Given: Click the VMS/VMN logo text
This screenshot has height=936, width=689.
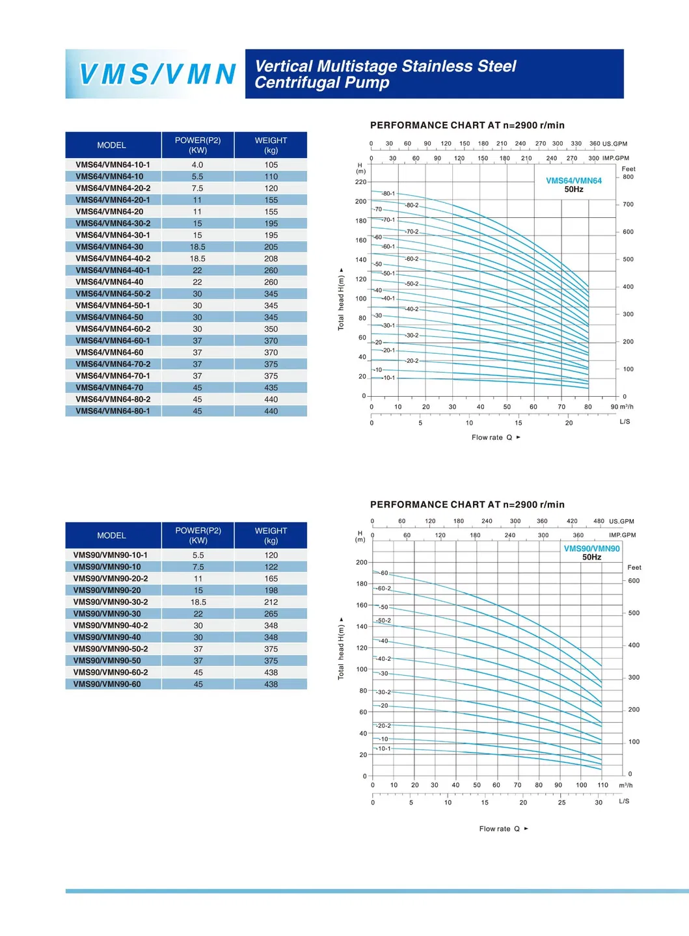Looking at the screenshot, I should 157,74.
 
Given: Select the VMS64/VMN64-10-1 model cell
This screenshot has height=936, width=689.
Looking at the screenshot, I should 113,165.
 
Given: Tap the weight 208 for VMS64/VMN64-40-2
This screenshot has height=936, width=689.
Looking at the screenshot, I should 271,259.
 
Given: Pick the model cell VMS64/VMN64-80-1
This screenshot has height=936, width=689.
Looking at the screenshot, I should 113,411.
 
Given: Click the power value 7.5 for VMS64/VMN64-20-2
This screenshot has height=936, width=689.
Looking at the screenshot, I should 197,188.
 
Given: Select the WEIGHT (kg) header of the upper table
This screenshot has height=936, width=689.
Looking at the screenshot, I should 271,145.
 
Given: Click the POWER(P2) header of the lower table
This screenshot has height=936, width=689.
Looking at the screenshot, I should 198,535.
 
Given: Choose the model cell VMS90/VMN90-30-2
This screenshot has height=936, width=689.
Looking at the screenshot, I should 111,602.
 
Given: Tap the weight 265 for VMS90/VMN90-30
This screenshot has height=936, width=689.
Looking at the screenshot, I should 271,614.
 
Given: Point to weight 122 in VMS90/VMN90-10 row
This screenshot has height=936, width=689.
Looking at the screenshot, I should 271,567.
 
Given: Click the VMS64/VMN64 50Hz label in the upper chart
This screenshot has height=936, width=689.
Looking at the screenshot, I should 573,185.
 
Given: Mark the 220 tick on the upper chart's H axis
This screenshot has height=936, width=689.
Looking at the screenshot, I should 360,182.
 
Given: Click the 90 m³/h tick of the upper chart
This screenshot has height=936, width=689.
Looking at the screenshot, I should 615,407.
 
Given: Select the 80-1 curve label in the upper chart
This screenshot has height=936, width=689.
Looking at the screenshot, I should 388,194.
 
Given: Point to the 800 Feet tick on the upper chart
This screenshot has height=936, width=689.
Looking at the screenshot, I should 628,177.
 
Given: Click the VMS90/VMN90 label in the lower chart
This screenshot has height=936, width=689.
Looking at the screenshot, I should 591,549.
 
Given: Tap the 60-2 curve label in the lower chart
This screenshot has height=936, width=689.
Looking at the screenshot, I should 385,589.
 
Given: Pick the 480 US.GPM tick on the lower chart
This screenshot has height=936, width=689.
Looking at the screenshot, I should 599,521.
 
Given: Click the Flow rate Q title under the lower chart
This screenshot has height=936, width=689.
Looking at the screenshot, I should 499,829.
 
